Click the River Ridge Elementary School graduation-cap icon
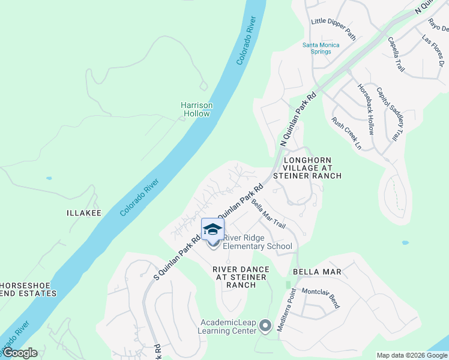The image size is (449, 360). tap(212, 229)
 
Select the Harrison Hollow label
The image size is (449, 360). tap(196, 109)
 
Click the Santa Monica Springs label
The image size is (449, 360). tap(321, 48)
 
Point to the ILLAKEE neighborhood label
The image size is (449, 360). tap(83, 213)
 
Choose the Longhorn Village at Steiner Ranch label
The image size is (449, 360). tap(307, 168)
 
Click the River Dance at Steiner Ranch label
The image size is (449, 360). tap(235, 277)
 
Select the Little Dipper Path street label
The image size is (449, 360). tap(333, 29)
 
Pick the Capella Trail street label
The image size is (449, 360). tap(396, 55)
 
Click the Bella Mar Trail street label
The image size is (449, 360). tap(268, 214)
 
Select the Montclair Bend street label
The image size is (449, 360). tap(321, 298)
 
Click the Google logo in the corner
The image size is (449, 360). tap(19, 353)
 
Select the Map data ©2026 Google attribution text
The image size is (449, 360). tap(412, 355)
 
